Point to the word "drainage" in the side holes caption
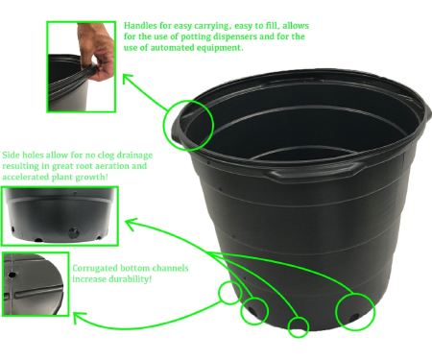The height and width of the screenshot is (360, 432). [134, 156]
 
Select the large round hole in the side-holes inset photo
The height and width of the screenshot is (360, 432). [74, 232]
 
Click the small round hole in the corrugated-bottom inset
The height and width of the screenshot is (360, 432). [12, 275]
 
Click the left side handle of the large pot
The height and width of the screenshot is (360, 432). [176, 132]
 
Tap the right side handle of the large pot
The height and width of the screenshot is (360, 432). [428, 116]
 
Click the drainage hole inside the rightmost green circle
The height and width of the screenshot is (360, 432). [354, 317]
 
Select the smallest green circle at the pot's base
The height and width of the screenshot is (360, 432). [299, 327]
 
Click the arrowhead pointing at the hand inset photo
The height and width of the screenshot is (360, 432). [127, 78]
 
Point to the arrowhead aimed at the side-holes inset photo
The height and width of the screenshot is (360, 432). [131, 223]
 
